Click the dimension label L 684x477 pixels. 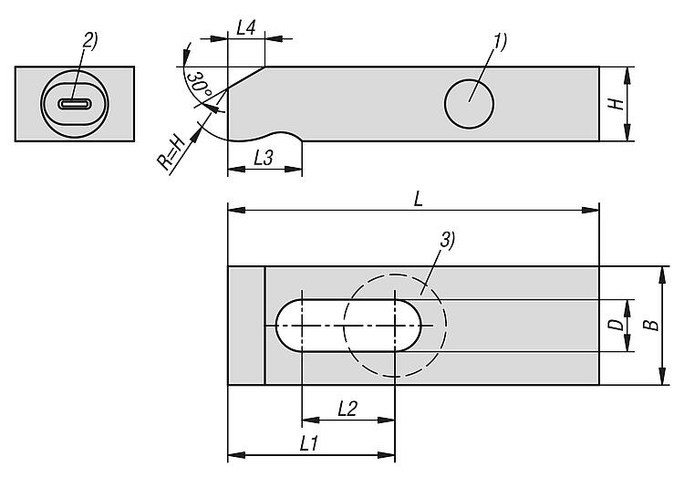pyautogui.click(x=417, y=200)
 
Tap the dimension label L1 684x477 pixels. pyautogui.click(x=308, y=443)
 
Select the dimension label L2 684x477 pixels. pyautogui.click(x=347, y=410)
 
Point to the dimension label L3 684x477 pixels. pyautogui.click(x=263, y=157)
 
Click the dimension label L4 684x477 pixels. pyautogui.click(x=245, y=27)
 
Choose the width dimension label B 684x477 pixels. pyautogui.click(x=648, y=326)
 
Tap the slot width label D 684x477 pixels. pyautogui.click(x=616, y=325)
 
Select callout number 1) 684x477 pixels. pyautogui.click(x=499, y=40)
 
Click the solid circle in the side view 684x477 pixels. pyautogui.click(x=470, y=101)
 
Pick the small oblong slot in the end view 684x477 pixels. pyautogui.click(x=75, y=104)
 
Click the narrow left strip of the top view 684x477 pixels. pyautogui.click(x=245, y=326)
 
